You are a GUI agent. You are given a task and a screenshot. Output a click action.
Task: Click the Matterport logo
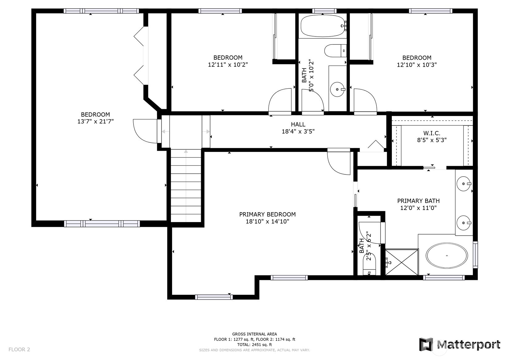459,345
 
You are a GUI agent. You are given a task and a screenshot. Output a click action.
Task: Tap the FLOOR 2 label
19,349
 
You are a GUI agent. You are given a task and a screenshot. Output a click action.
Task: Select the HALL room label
298,124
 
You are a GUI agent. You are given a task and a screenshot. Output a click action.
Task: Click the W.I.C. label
432,133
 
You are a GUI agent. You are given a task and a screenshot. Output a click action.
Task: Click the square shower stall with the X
401,262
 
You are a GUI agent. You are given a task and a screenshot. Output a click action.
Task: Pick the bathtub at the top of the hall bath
323,26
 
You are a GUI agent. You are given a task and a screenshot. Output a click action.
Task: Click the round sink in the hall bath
337,89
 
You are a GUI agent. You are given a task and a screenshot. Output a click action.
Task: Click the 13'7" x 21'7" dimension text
95,122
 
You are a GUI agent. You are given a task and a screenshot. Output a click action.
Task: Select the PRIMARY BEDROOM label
267,214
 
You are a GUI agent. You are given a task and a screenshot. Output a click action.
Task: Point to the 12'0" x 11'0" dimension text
418,208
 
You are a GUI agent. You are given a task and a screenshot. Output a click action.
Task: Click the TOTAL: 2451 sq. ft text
254,345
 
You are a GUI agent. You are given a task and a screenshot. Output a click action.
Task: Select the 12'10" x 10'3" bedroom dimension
417,65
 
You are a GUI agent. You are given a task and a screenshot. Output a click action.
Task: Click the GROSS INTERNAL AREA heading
254,334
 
